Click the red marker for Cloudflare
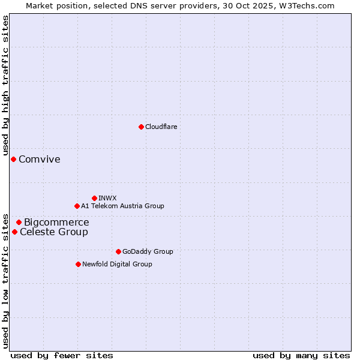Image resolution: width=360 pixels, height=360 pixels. coord(141,127)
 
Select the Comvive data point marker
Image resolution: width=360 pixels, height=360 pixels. coord(13,159)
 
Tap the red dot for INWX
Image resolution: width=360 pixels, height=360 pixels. coord(94,198)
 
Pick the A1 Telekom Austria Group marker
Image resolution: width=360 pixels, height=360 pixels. coord(77,206)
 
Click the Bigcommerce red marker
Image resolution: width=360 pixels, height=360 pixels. coord(19,222)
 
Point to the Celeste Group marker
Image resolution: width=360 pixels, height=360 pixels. coord(14,232)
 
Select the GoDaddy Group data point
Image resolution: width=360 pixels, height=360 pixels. coord(118,251)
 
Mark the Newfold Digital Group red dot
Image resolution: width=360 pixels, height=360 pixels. coord(78,264)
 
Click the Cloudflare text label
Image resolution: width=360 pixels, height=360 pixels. coord(161,127)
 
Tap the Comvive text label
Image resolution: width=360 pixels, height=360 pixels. coord(40,159)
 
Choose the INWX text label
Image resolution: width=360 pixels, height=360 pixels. coord(107,198)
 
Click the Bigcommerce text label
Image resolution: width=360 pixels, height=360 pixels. coord(56,223)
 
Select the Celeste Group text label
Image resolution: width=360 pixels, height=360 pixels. coord(54,232)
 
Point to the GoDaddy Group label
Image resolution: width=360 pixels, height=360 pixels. coord(148,251)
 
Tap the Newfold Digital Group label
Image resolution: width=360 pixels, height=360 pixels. coord(117,264)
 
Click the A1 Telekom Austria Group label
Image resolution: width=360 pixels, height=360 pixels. coord(122,206)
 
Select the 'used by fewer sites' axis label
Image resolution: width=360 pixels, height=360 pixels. coord(62,355)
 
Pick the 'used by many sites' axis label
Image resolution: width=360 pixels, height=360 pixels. coord(301,355)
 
